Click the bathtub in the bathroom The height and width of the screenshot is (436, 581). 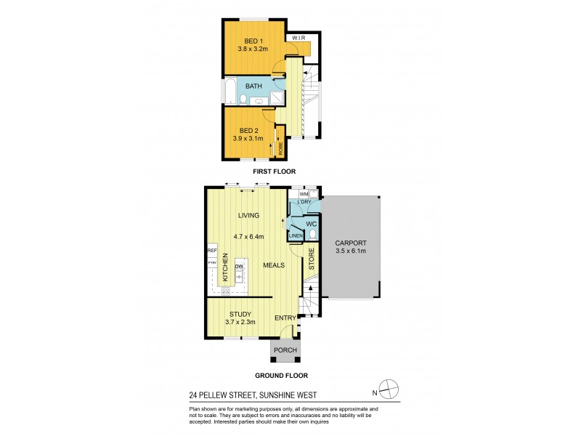[229, 92]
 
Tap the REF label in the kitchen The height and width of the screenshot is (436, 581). [212, 251]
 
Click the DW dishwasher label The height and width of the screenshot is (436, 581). [238, 267]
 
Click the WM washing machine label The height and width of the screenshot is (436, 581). [304, 194]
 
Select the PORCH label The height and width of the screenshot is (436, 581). [284, 352]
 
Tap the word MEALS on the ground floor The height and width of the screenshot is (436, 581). [274, 265]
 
